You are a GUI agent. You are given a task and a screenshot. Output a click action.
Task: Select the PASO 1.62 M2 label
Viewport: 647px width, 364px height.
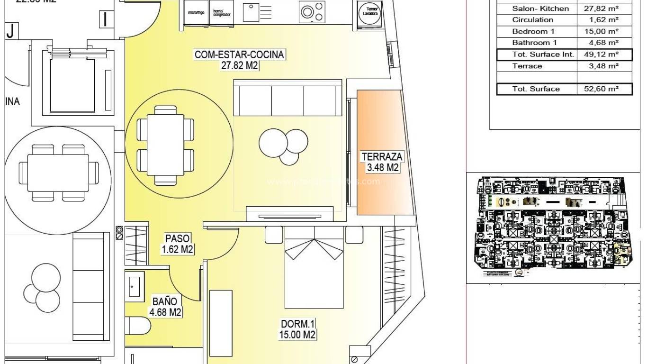[x=178, y=244]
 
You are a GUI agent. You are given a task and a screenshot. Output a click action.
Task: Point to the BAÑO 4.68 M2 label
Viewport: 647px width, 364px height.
[x=165, y=306]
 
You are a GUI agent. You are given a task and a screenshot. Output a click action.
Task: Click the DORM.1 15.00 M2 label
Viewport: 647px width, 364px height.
[x=298, y=329]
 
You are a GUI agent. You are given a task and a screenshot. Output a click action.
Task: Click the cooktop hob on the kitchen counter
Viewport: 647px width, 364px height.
[x=312, y=12]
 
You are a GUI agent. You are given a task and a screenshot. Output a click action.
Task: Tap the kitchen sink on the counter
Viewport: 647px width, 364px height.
[x=251, y=12]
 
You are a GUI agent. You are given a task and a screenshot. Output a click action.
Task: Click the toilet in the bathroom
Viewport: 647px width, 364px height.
[x=138, y=326]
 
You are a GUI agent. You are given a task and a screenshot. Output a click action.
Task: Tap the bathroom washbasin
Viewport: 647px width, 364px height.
[x=135, y=286]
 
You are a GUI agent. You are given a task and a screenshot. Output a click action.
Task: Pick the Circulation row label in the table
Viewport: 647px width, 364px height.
[x=532, y=20]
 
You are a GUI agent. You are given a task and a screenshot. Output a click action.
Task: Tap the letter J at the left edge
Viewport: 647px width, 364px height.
[x=10, y=32]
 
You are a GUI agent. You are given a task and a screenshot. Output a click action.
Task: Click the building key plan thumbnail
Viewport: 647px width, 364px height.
[x=553, y=227]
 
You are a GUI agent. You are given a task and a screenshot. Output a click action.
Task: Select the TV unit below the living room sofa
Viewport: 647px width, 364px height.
[x=290, y=215]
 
